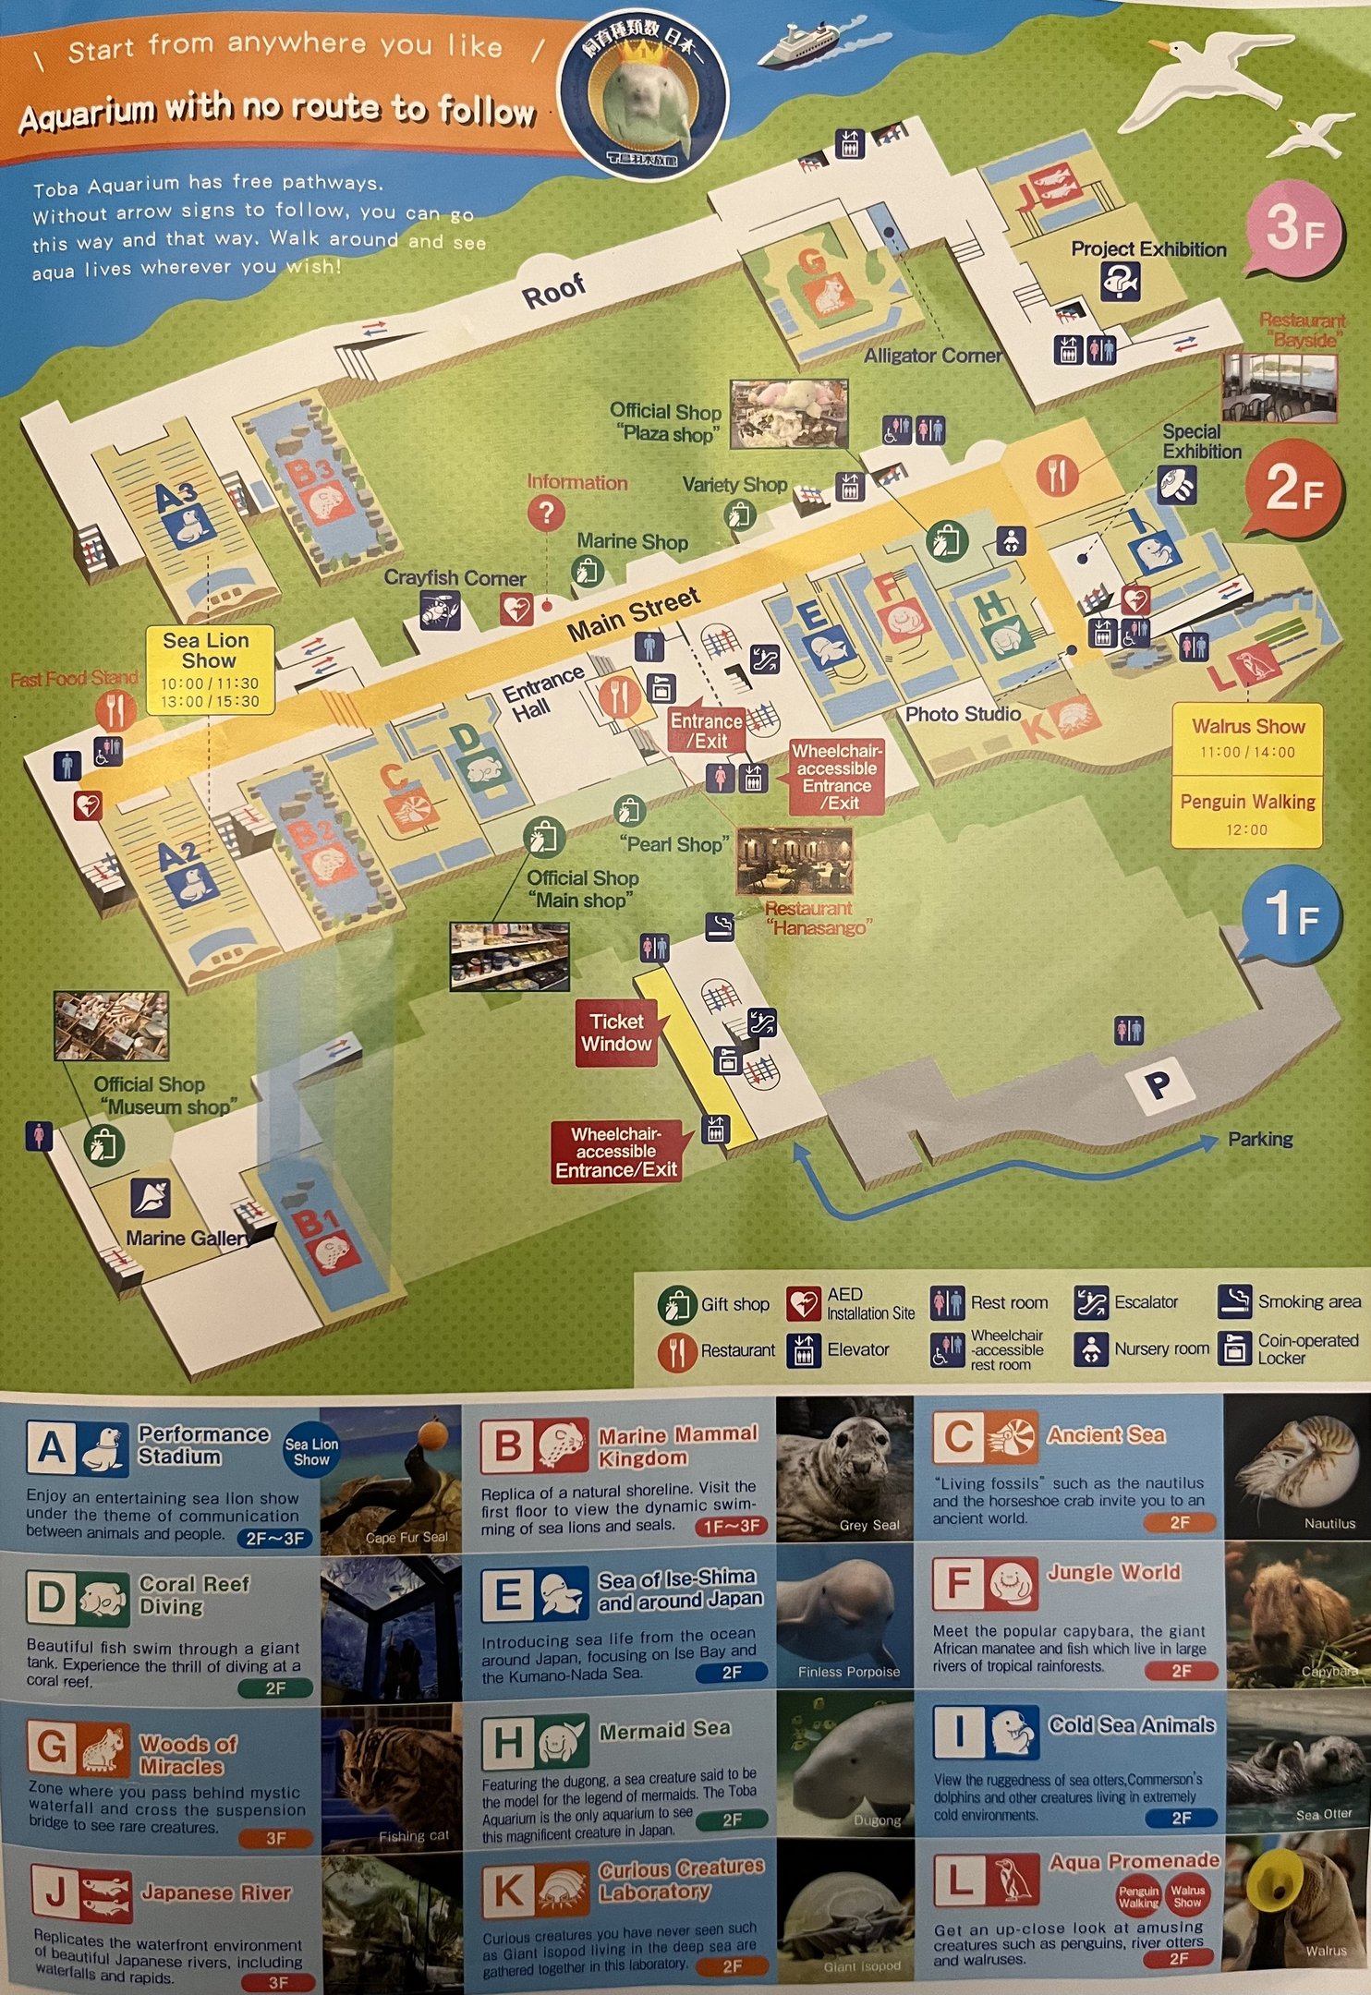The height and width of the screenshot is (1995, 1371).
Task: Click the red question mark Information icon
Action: [x=546, y=512]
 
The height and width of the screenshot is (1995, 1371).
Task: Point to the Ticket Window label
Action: [x=616, y=1033]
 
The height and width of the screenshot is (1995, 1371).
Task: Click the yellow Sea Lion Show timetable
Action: [x=209, y=671]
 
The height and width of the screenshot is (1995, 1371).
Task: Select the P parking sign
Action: [x=1157, y=1084]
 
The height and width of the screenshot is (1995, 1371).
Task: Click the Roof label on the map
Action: [x=553, y=292]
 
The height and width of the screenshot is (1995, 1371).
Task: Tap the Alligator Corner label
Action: [x=932, y=356]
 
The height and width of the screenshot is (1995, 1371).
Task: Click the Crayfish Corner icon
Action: [x=440, y=610]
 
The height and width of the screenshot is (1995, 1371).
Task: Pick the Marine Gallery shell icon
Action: [x=150, y=1198]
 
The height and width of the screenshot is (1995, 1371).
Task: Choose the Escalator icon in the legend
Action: [x=1090, y=1302]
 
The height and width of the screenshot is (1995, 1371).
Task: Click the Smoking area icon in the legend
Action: [x=1234, y=1300]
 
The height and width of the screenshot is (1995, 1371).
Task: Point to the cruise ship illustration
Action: [x=796, y=46]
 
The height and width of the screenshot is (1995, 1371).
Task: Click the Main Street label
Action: [x=633, y=615]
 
